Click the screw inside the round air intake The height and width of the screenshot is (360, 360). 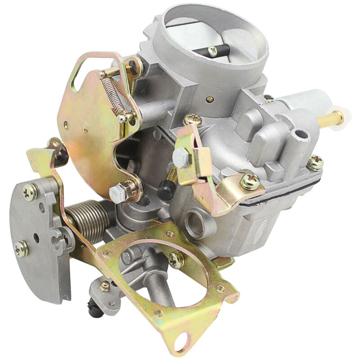pos(212,52)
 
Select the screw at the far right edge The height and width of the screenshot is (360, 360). pos(315,162)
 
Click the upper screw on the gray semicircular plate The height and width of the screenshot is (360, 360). pos(30,192)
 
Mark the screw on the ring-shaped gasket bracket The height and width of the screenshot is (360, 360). pos(176,260)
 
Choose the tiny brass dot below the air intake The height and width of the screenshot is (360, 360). pos(209,100)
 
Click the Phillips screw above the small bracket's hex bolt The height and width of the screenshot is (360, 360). pos(193,120)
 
